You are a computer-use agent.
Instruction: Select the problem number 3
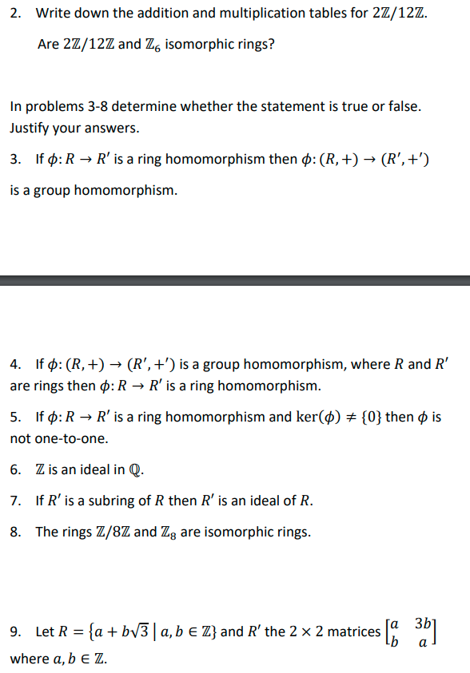(15, 159)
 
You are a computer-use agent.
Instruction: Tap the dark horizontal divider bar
(235, 280)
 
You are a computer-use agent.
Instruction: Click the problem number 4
(15, 365)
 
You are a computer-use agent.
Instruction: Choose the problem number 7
(15, 501)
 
